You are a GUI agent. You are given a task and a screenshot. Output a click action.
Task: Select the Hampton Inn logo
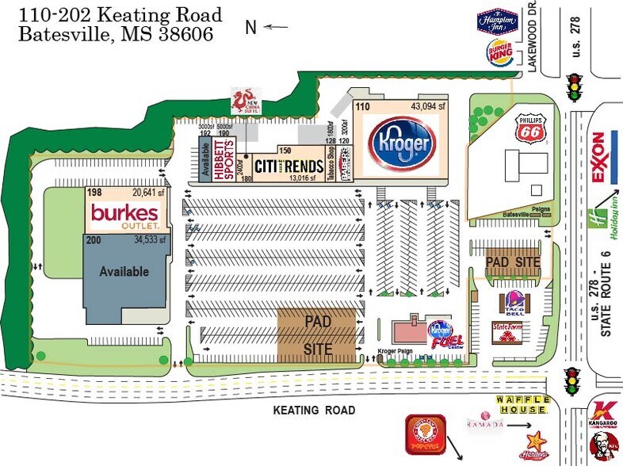[497, 21]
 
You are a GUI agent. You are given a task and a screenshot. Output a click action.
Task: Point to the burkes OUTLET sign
[125, 214]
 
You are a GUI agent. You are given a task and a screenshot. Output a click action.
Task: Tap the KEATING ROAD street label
[314, 410]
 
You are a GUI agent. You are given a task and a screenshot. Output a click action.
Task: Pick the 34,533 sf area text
[149, 239]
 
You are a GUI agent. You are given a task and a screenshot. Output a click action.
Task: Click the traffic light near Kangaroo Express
[571, 381]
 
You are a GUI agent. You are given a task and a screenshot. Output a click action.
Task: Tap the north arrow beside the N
[276, 27]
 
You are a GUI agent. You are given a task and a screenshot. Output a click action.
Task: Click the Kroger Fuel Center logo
[441, 334]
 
